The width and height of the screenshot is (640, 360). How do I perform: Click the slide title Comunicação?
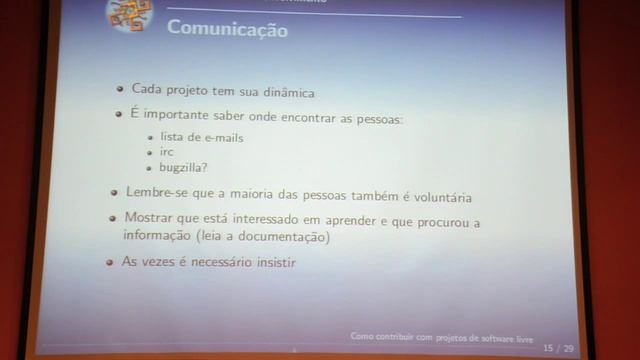click(227, 31)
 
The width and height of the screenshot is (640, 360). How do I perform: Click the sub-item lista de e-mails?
click(202, 136)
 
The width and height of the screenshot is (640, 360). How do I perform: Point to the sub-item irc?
click(167, 152)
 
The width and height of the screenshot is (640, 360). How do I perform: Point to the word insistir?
click(271, 262)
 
